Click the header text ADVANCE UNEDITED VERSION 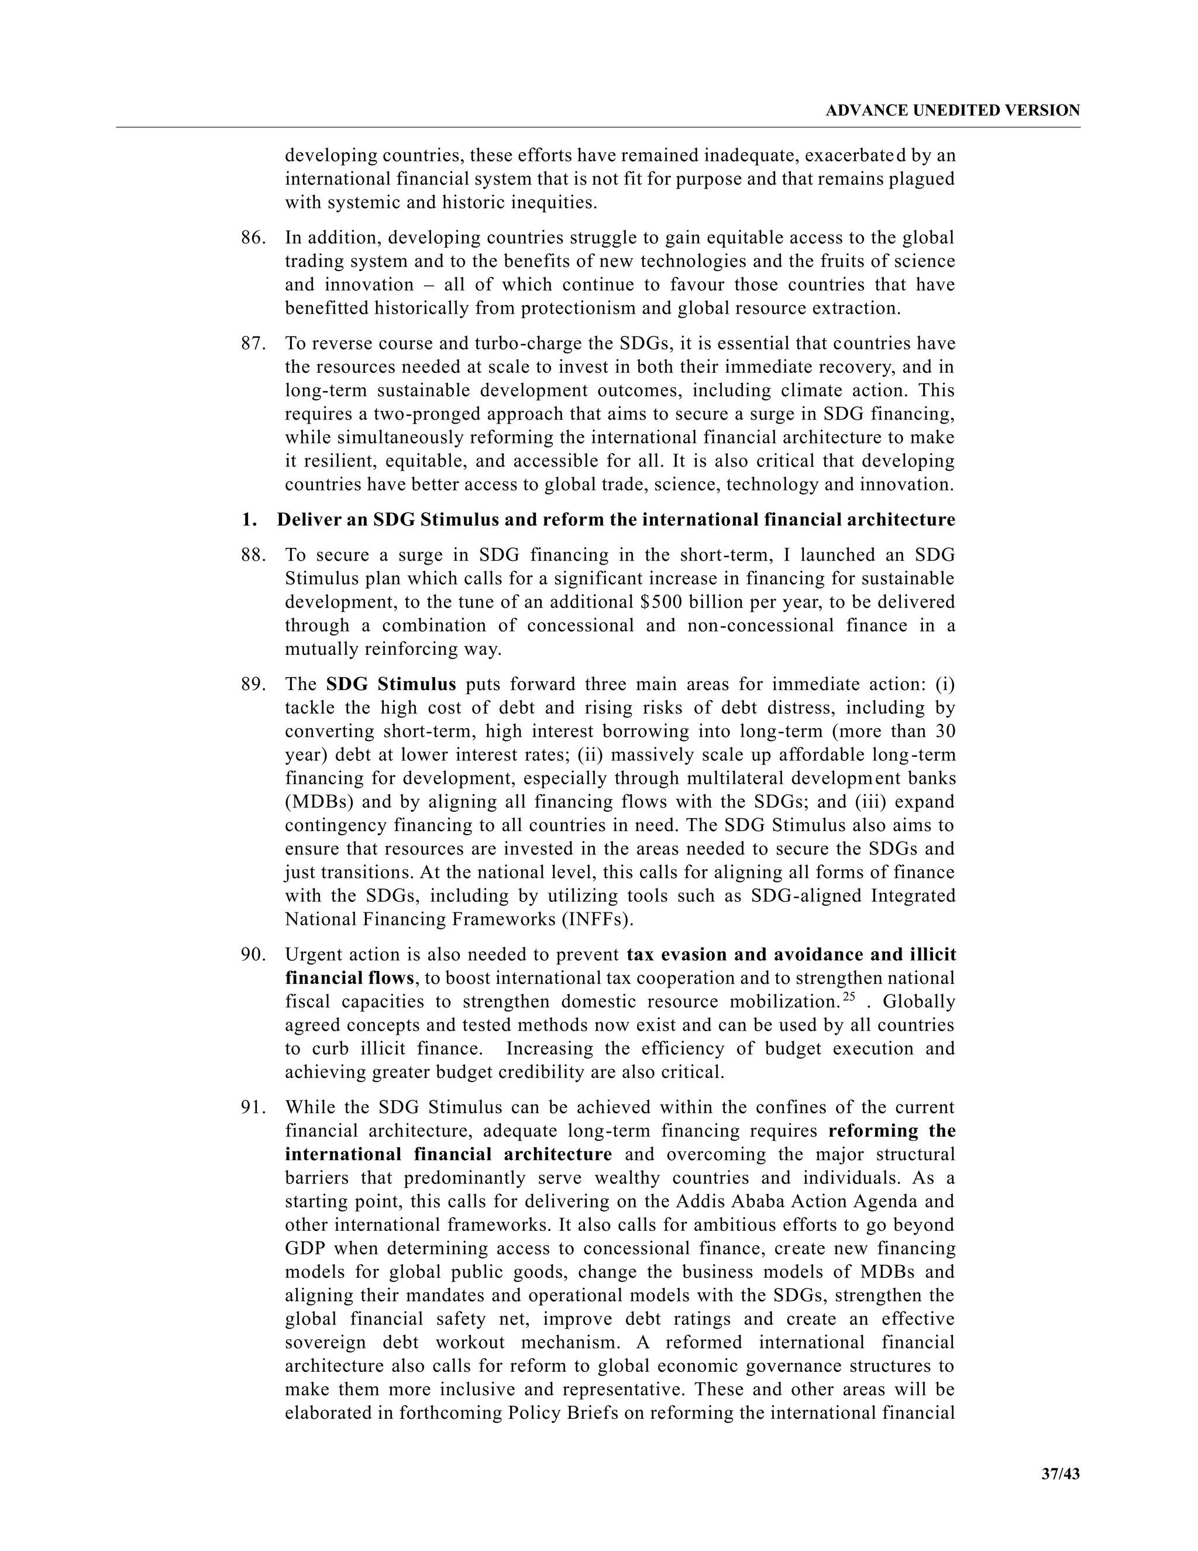pos(952,111)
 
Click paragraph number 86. pos(253,238)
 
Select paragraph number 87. pos(253,344)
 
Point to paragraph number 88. pos(253,555)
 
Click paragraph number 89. pos(253,685)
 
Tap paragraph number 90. pos(253,955)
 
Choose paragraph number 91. pos(253,1107)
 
